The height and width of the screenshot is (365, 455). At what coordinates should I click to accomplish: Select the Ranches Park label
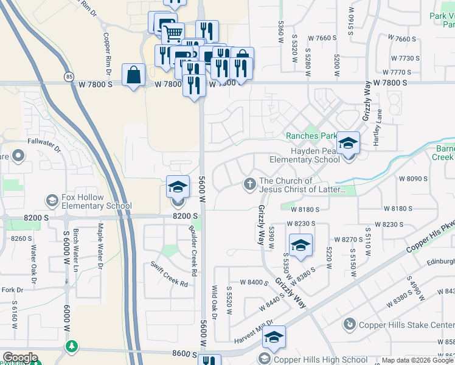[x=311, y=136]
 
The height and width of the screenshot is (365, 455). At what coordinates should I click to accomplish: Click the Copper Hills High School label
[x=321, y=360]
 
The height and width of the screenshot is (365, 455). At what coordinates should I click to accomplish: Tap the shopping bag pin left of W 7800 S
[x=133, y=75]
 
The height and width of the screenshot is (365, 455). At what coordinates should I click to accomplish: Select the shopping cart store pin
[x=173, y=34]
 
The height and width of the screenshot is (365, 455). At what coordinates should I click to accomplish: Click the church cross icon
[x=249, y=184]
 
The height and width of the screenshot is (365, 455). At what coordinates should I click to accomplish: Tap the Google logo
[x=20, y=358]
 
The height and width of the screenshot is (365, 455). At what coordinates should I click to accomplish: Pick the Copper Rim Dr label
[x=108, y=54]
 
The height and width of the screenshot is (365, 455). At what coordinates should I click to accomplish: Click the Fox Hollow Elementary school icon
[x=52, y=200]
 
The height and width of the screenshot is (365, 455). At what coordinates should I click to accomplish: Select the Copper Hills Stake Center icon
[x=349, y=325]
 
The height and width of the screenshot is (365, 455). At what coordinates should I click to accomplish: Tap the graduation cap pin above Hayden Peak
[x=349, y=144]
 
